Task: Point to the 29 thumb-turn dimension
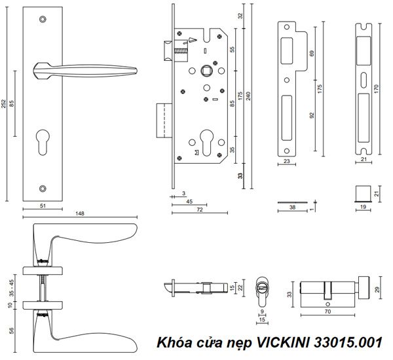click(x=377, y=288)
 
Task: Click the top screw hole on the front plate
click(x=44, y=20)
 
